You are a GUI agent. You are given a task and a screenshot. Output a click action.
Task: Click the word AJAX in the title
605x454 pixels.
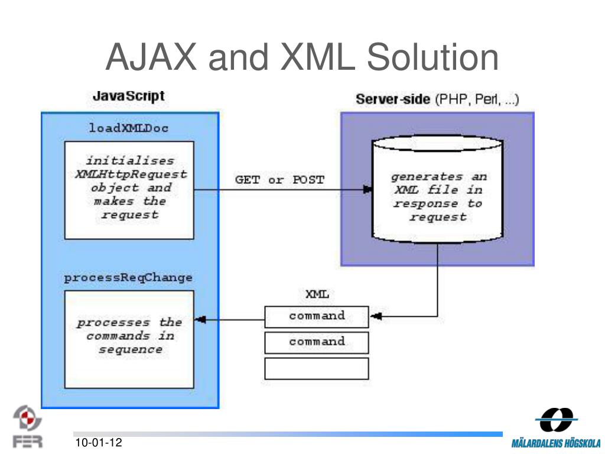151,57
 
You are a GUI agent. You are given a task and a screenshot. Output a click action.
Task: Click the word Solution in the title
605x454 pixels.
432,57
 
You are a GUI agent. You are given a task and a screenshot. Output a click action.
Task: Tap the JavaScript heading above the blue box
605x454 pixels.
128,96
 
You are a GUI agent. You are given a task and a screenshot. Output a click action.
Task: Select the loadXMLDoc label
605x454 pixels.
128,128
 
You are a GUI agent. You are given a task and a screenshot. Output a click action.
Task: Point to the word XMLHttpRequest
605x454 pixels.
131,174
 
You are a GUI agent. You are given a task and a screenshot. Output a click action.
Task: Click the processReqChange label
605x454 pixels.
128,278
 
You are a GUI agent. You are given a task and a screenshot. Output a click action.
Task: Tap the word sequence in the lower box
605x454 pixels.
131,350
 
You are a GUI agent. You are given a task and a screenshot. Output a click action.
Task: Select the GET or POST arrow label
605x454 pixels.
279,180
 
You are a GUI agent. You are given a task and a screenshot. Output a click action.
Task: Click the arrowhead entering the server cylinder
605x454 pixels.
367,190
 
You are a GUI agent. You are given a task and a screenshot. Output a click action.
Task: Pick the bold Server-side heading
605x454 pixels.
393,99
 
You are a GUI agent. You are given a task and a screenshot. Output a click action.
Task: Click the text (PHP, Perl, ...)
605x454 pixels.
477,99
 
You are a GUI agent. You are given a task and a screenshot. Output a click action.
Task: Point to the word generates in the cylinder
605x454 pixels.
427,177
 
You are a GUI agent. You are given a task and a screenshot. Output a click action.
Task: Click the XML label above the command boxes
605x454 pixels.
317,294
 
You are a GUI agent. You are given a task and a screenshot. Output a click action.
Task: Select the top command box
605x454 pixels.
317,317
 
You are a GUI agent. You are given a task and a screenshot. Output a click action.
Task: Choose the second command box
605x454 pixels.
317,343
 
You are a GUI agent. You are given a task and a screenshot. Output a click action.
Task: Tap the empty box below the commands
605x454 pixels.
317,369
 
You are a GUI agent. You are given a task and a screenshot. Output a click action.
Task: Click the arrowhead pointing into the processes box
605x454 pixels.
200,320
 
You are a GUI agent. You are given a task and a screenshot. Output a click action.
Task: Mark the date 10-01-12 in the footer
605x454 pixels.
99,442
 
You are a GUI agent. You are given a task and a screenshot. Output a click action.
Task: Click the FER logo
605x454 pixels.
27,427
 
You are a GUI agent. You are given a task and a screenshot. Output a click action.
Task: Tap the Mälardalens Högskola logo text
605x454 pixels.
556,443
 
